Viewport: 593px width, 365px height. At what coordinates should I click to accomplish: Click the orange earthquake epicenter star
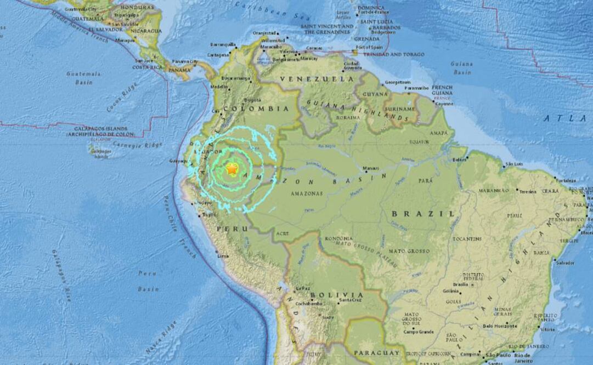point(231,171)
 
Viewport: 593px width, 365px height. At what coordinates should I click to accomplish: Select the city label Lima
point(222,256)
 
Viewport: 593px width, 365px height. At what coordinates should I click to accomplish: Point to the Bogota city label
point(253,100)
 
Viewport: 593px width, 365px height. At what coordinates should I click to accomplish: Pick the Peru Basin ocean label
point(148,281)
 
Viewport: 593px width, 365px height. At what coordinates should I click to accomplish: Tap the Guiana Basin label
point(462,68)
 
